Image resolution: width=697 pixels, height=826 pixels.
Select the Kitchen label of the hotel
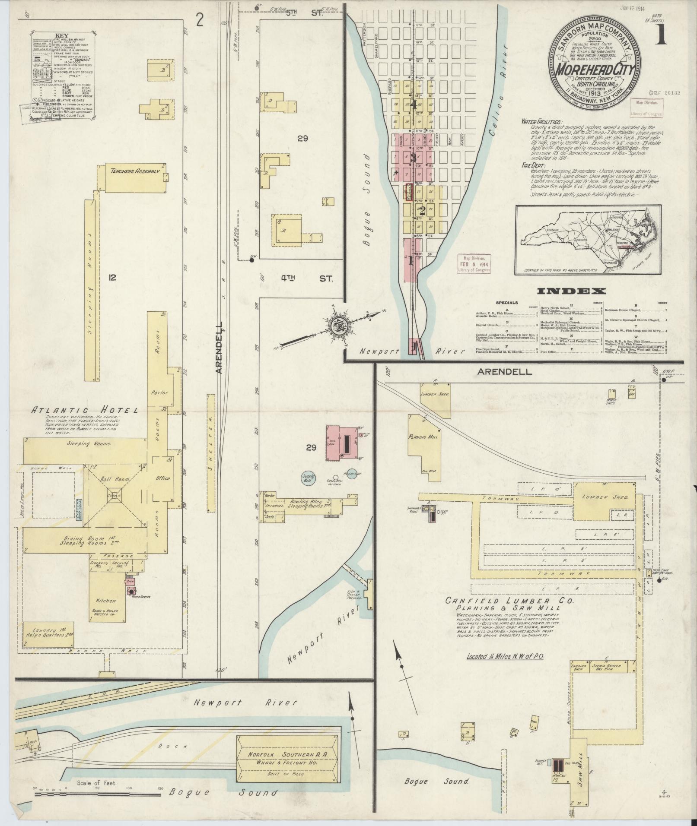pos(106,600)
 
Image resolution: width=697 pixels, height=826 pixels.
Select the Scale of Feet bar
pos(97,793)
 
